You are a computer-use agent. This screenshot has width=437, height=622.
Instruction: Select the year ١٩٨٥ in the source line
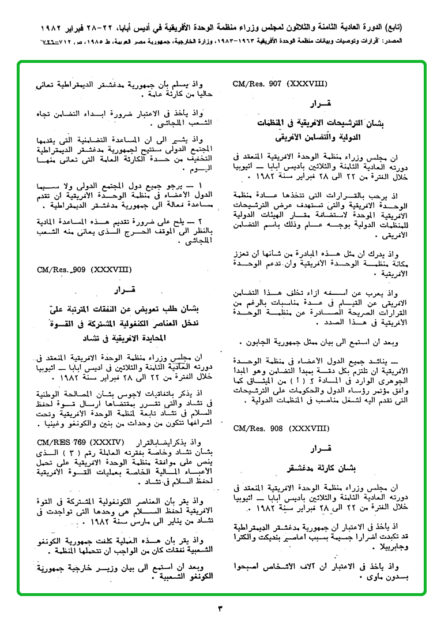[92, 42]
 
